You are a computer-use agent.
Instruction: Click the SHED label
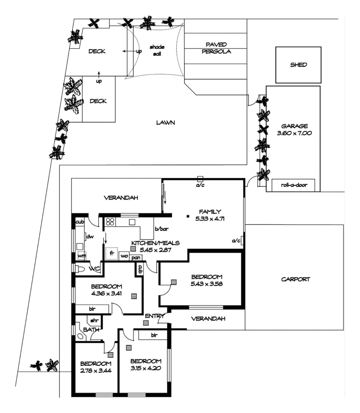[x=298, y=65]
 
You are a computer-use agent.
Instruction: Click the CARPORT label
[x=295, y=279]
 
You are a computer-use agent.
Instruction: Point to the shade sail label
[x=157, y=50]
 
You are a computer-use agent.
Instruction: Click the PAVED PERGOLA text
[x=217, y=48]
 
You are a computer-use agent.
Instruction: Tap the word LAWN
[x=165, y=123]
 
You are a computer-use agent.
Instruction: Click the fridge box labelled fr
[x=112, y=253]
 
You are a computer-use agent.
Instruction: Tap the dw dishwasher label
[x=90, y=237]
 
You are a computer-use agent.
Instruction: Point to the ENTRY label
[x=155, y=316]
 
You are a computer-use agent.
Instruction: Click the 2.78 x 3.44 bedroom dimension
[x=96, y=370]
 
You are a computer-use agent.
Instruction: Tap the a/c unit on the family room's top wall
[x=200, y=179]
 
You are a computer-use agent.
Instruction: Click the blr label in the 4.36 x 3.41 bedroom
[x=92, y=309]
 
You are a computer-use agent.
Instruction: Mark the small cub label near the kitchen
[x=80, y=222]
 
